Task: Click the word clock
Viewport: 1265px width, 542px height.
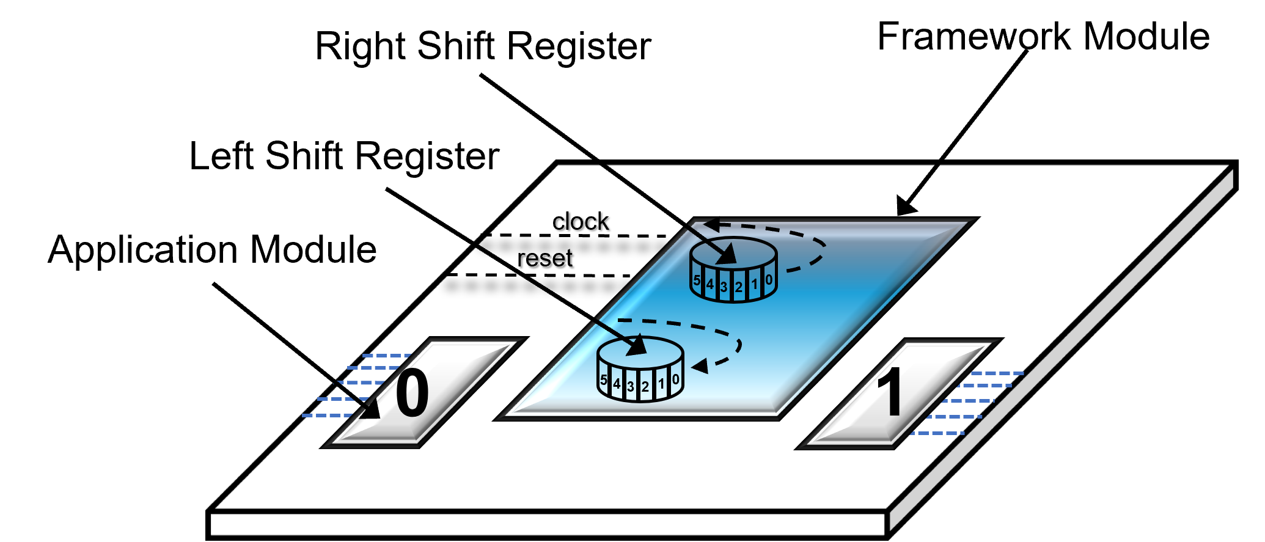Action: tap(581, 221)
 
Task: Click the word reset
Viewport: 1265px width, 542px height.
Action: tap(544, 258)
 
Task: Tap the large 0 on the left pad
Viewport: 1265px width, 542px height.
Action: tap(412, 394)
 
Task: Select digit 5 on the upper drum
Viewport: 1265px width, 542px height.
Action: tap(697, 280)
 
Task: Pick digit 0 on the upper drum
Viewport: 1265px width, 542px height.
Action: tap(769, 280)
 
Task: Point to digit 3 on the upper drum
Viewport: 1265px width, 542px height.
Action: tap(724, 287)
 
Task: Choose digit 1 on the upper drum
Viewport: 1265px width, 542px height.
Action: tap(755, 284)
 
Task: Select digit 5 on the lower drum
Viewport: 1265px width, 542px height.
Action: tap(604, 380)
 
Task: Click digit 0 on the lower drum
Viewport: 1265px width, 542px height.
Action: tap(675, 379)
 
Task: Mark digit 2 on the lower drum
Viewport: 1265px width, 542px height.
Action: tap(645, 387)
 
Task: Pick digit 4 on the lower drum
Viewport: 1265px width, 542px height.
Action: tap(617, 384)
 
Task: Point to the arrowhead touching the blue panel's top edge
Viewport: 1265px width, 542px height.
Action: tap(906, 207)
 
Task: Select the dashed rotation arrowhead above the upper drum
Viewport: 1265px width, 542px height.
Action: tap(711, 225)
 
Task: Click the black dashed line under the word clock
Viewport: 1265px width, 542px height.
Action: tap(574, 235)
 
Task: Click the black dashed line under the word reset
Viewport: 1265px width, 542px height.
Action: tap(538, 275)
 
